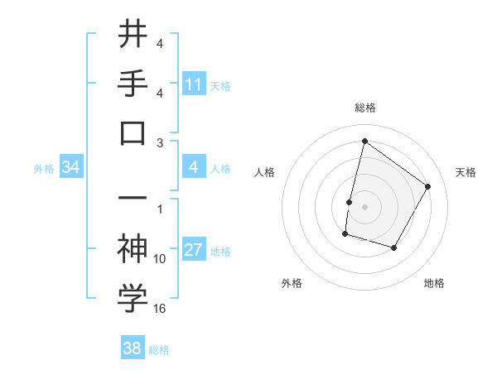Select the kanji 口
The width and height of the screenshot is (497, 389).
(x=133, y=132)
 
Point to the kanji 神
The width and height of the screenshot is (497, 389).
(x=133, y=247)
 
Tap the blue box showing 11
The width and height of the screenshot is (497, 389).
(x=194, y=84)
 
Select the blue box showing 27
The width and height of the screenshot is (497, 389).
(x=194, y=251)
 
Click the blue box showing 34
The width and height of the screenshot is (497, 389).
(x=71, y=168)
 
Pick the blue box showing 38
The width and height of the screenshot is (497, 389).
(x=133, y=349)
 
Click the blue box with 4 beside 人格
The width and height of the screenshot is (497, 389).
(x=194, y=168)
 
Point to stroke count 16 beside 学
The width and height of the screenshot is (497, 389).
(x=160, y=309)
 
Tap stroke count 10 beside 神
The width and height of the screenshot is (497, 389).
(x=160, y=258)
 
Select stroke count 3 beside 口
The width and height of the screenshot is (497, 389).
(x=160, y=142)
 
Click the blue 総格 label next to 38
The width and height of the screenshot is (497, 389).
(x=159, y=350)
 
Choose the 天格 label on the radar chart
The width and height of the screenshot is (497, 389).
(x=466, y=172)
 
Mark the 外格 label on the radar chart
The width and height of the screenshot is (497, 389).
(x=292, y=283)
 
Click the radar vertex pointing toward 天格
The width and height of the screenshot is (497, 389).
(x=428, y=186)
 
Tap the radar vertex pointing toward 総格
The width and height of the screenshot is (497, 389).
(x=364, y=142)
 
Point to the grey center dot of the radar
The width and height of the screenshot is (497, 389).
(x=364, y=206)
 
